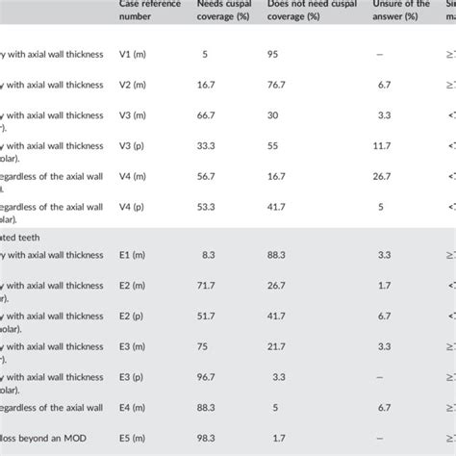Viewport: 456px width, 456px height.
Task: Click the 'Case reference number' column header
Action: coord(146,10)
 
